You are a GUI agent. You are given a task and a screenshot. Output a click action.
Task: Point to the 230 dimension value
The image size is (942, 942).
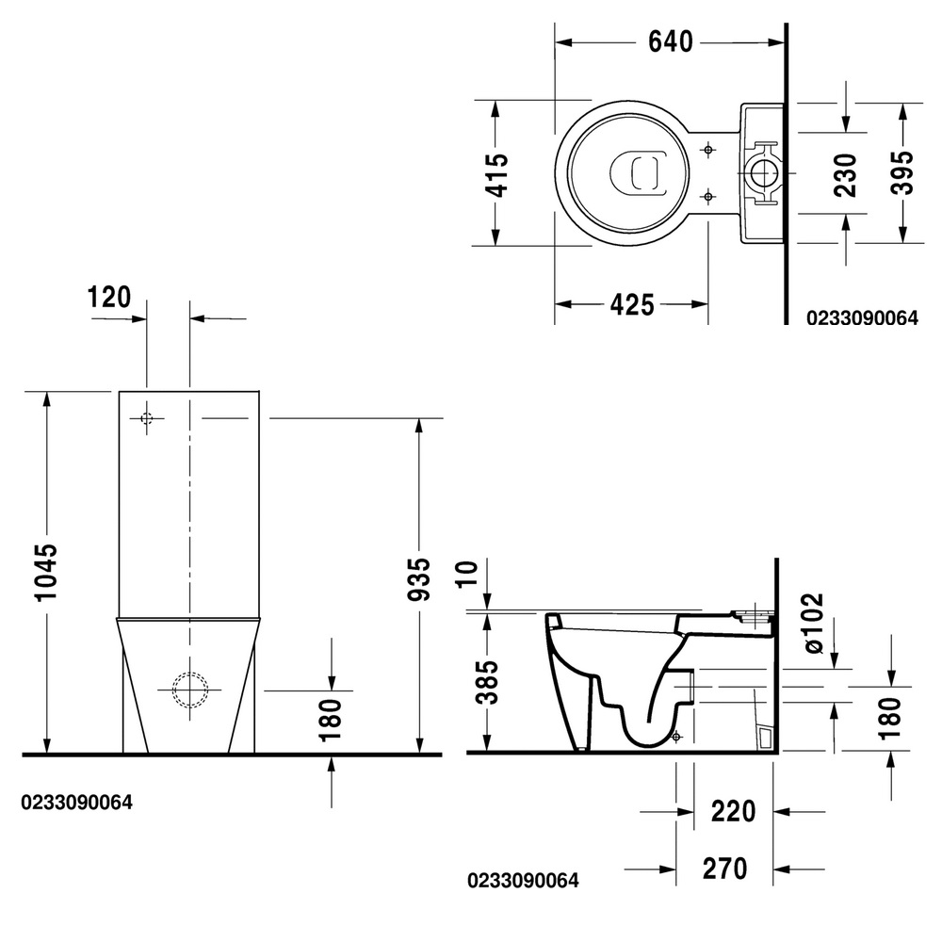(845, 173)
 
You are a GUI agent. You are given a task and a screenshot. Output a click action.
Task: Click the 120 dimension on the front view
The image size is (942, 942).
(108, 298)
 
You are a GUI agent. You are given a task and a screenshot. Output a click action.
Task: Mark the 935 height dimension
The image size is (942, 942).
(419, 579)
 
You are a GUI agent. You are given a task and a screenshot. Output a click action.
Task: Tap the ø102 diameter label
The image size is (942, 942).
(814, 624)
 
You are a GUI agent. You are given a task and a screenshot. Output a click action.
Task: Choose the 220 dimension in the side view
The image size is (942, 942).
(732, 810)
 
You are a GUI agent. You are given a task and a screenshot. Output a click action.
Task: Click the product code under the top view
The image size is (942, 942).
(861, 318)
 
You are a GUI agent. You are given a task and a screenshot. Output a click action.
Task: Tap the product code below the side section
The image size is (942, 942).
(523, 881)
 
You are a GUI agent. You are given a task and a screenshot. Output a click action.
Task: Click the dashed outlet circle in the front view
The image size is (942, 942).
(190, 690)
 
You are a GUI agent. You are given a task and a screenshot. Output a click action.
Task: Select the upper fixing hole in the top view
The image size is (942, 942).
(707, 150)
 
